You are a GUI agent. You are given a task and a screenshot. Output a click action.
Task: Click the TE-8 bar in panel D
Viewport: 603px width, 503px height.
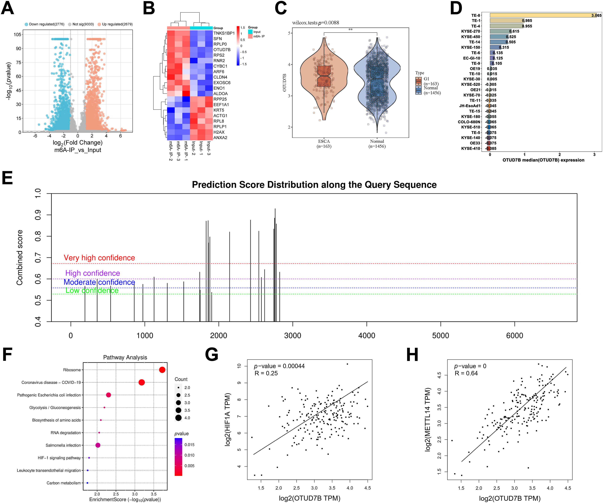tap(543, 15)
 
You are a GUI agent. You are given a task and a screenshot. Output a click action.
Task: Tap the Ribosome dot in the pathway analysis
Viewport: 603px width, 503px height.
tap(162, 370)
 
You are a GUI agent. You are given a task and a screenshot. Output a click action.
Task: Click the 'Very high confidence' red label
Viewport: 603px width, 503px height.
tap(99, 258)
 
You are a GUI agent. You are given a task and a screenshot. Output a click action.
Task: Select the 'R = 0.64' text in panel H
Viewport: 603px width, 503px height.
tap(466, 373)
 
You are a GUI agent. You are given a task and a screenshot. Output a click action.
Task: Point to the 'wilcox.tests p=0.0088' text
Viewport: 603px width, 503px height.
tap(316, 23)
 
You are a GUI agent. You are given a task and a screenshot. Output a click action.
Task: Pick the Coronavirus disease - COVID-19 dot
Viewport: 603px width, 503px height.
tap(141, 382)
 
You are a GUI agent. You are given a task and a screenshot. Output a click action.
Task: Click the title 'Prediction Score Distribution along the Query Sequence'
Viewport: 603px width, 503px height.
tap(314, 185)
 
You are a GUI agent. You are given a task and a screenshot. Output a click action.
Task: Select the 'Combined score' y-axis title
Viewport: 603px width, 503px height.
tap(19, 257)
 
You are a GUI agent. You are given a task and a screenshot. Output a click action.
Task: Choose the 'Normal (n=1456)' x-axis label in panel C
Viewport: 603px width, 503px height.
tap(377, 144)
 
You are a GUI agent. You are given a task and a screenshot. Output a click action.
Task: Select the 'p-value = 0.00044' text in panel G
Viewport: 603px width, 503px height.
tap(279, 366)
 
